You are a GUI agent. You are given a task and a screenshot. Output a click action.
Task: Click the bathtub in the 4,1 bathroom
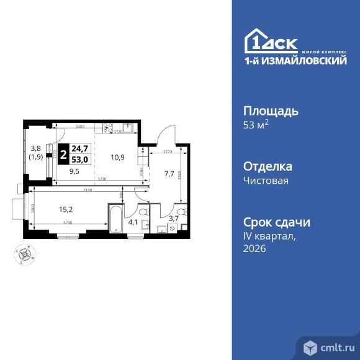(115, 218)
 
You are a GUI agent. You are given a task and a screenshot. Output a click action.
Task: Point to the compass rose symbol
(25, 253)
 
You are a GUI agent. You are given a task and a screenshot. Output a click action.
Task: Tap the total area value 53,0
(79, 158)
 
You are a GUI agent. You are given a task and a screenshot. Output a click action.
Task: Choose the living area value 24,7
(79, 148)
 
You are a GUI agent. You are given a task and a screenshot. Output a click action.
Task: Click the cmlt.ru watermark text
(335, 345)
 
